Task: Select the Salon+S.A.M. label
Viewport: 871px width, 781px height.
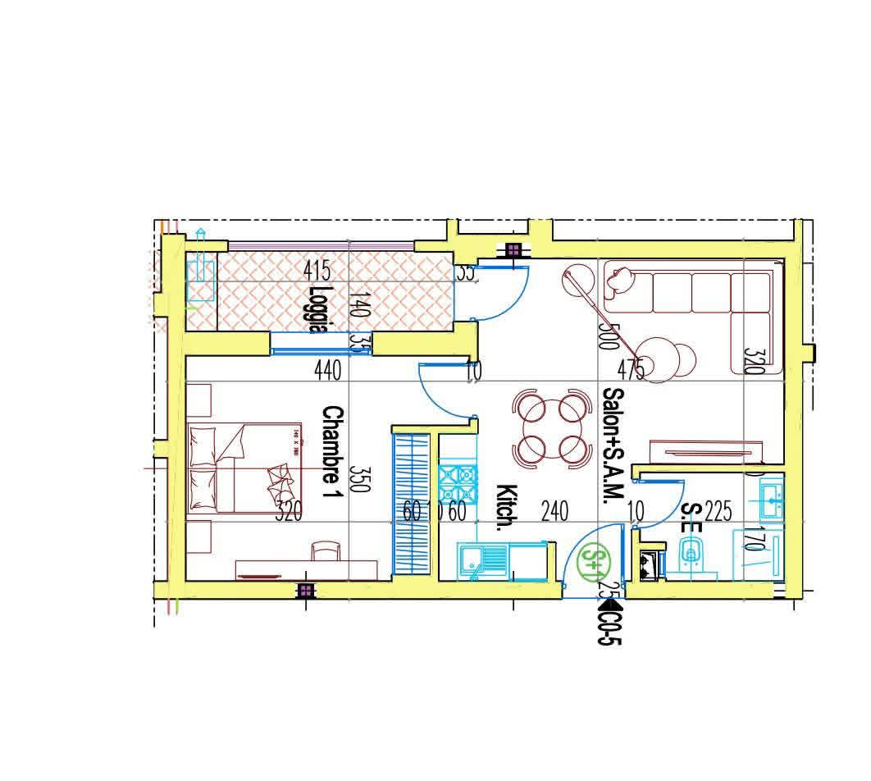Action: [612, 448]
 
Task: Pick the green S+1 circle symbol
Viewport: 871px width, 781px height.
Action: [593, 559]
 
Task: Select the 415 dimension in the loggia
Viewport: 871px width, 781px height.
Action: [317, 270]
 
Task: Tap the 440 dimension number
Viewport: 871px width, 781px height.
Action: [327, 372]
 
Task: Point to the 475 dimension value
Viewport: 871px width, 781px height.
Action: [631, 371]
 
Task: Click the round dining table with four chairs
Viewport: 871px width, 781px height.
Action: [552, 427]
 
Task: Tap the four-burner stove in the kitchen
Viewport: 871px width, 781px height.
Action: [458, 483]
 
